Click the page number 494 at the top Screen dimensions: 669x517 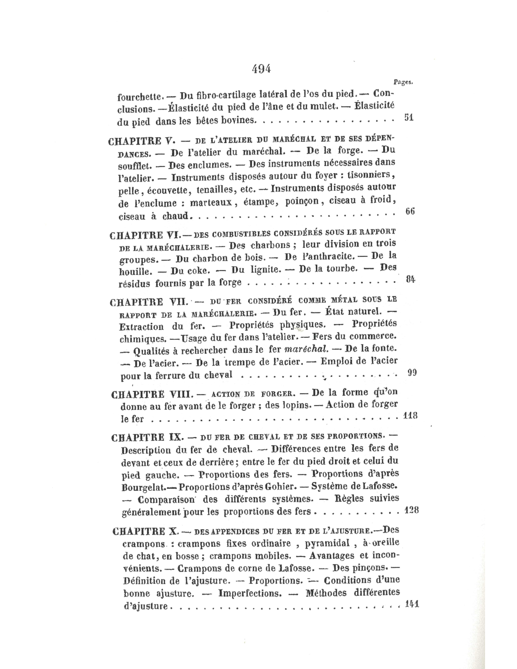261,69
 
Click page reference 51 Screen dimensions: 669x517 408,118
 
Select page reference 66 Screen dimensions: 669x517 409,212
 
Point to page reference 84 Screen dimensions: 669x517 410,280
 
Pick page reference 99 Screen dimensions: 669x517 412,373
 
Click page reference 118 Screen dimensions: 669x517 410,415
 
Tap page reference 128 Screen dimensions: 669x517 411,510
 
